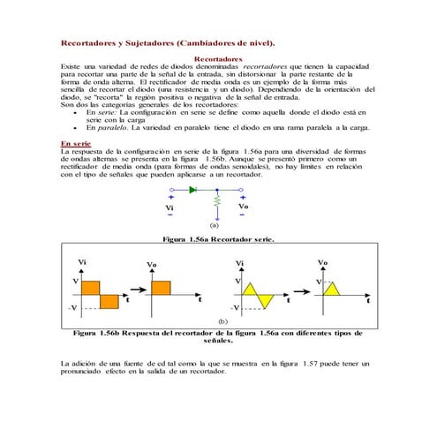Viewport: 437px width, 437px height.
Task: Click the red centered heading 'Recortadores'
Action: pyautogui.click(x=218, y=58)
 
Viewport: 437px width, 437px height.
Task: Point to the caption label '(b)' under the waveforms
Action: pyautogui.click(x=222, y=323)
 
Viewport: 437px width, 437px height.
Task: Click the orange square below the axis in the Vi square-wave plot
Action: pyautogui.click(x=110, y=301)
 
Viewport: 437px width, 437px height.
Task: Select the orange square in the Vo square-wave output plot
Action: pyautogui.click(x=161, y=288)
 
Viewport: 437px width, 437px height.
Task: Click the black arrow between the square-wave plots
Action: pyautogui.click(x=135, y=289)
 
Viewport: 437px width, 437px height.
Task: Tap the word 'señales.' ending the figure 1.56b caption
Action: pyautogui.click(x=218, y=339)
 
